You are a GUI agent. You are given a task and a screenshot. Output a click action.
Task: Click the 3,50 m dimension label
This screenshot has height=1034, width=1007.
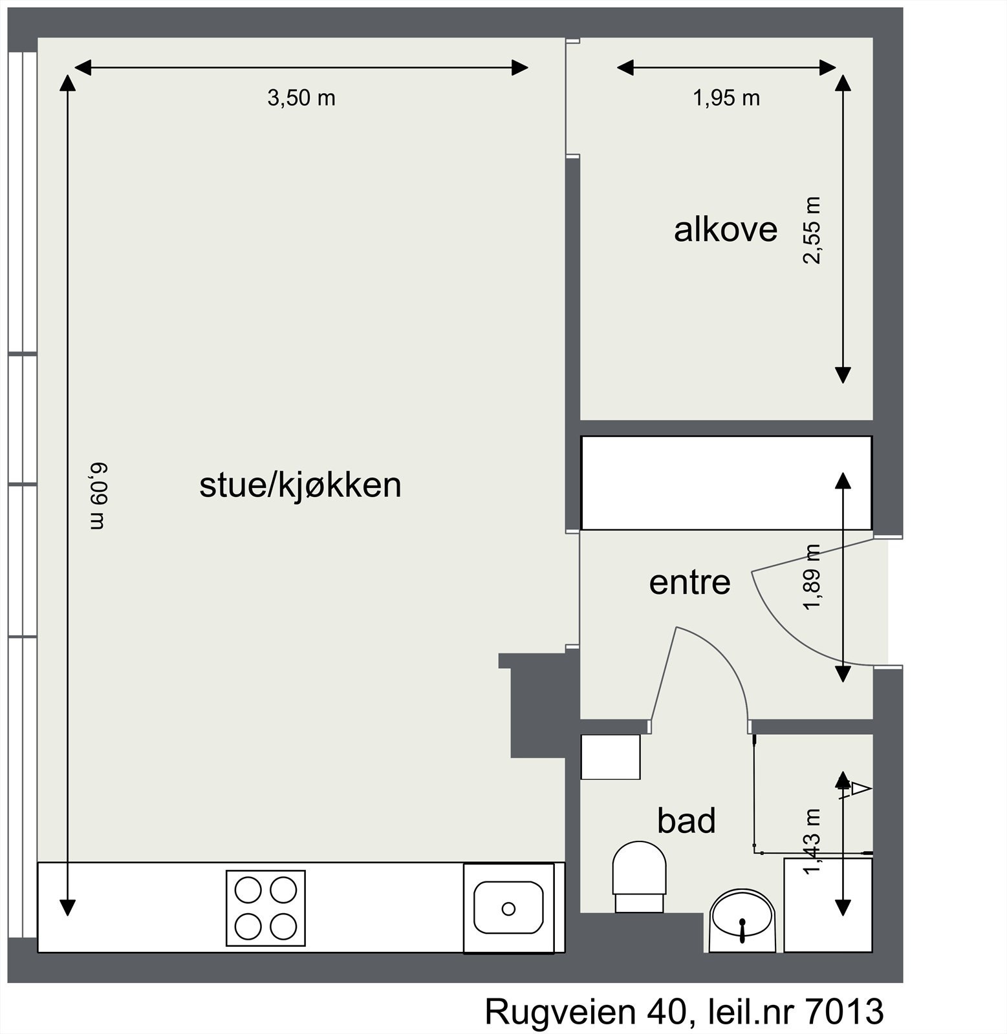pos(301,98)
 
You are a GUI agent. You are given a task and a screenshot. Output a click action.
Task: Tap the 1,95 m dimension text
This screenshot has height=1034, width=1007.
pos(726,98)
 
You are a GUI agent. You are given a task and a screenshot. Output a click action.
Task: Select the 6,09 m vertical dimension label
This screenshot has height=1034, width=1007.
pos(96,496)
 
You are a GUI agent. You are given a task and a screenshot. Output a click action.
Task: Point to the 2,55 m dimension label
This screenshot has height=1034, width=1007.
pos(812,231)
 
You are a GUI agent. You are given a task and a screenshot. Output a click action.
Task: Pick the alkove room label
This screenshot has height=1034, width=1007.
pos(725,229)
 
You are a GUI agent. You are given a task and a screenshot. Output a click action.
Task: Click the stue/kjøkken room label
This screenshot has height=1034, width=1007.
pos(300,485)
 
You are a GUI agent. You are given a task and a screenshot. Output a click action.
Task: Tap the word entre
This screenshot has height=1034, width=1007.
pos(689,582)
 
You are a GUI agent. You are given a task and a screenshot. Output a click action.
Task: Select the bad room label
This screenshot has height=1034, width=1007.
pos(686,821)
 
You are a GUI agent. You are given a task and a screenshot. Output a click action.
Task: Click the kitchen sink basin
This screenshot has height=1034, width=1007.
pos(508,908)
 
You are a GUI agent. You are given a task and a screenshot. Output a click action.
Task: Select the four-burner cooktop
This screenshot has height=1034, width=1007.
pos(266,908)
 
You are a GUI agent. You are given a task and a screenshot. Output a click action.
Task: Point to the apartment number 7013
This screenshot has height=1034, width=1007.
pos(843,1012)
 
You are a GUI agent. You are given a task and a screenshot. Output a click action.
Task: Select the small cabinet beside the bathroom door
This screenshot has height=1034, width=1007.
pos(610,757)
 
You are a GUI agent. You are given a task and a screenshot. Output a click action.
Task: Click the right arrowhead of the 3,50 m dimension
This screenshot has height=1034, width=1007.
pos(521,67)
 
